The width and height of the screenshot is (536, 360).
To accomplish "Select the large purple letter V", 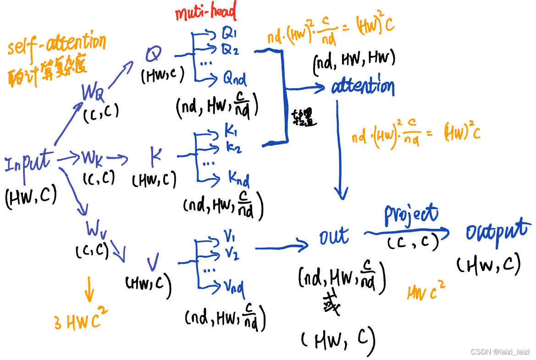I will point(153,264).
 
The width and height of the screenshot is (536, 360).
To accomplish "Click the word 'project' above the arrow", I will point(411,214).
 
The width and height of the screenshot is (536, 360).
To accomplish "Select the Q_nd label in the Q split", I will point(235,79).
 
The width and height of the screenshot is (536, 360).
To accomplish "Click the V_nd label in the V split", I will point(234,288).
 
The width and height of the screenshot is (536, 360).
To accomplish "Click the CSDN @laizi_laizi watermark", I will point(500,352).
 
